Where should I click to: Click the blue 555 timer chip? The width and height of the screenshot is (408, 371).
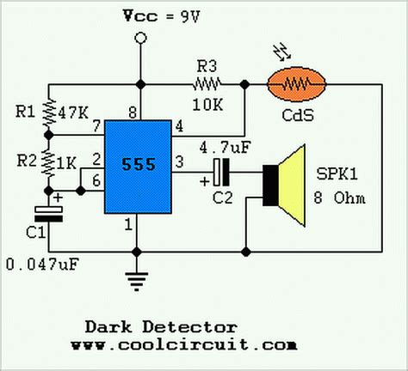point(138,166)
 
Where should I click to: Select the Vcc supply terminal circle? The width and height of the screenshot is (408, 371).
point(138,37)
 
